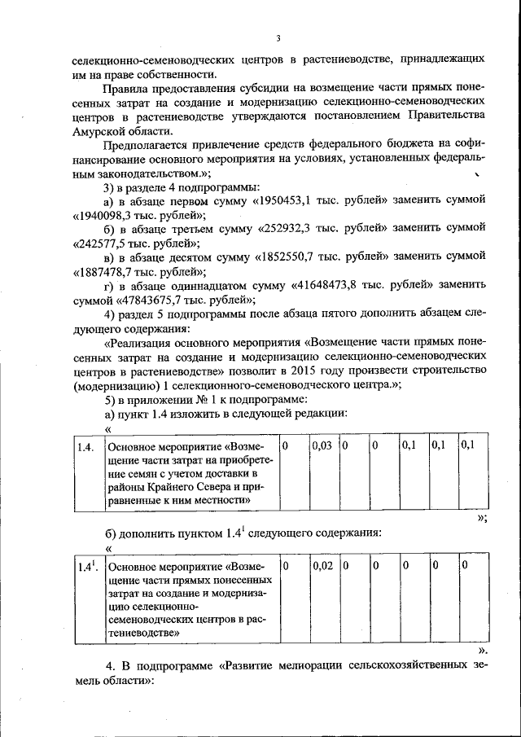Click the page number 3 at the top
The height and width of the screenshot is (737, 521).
tap(278, 38)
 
